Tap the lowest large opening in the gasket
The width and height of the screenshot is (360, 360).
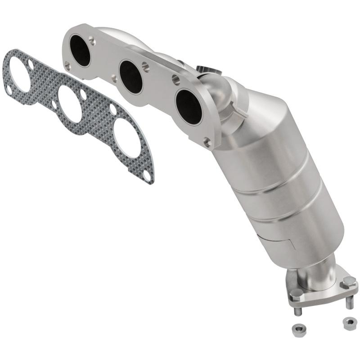(x=127, y=137)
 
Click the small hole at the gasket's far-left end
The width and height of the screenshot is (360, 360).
(x=9, y=90)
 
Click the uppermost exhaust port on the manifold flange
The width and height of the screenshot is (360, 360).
(x=81, y=50)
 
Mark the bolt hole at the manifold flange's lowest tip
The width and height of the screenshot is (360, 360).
(x=207, y=143)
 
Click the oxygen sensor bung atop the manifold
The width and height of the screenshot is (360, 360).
(x=205, y=70)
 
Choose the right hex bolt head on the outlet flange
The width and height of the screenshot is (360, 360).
(x=348, y=283)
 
